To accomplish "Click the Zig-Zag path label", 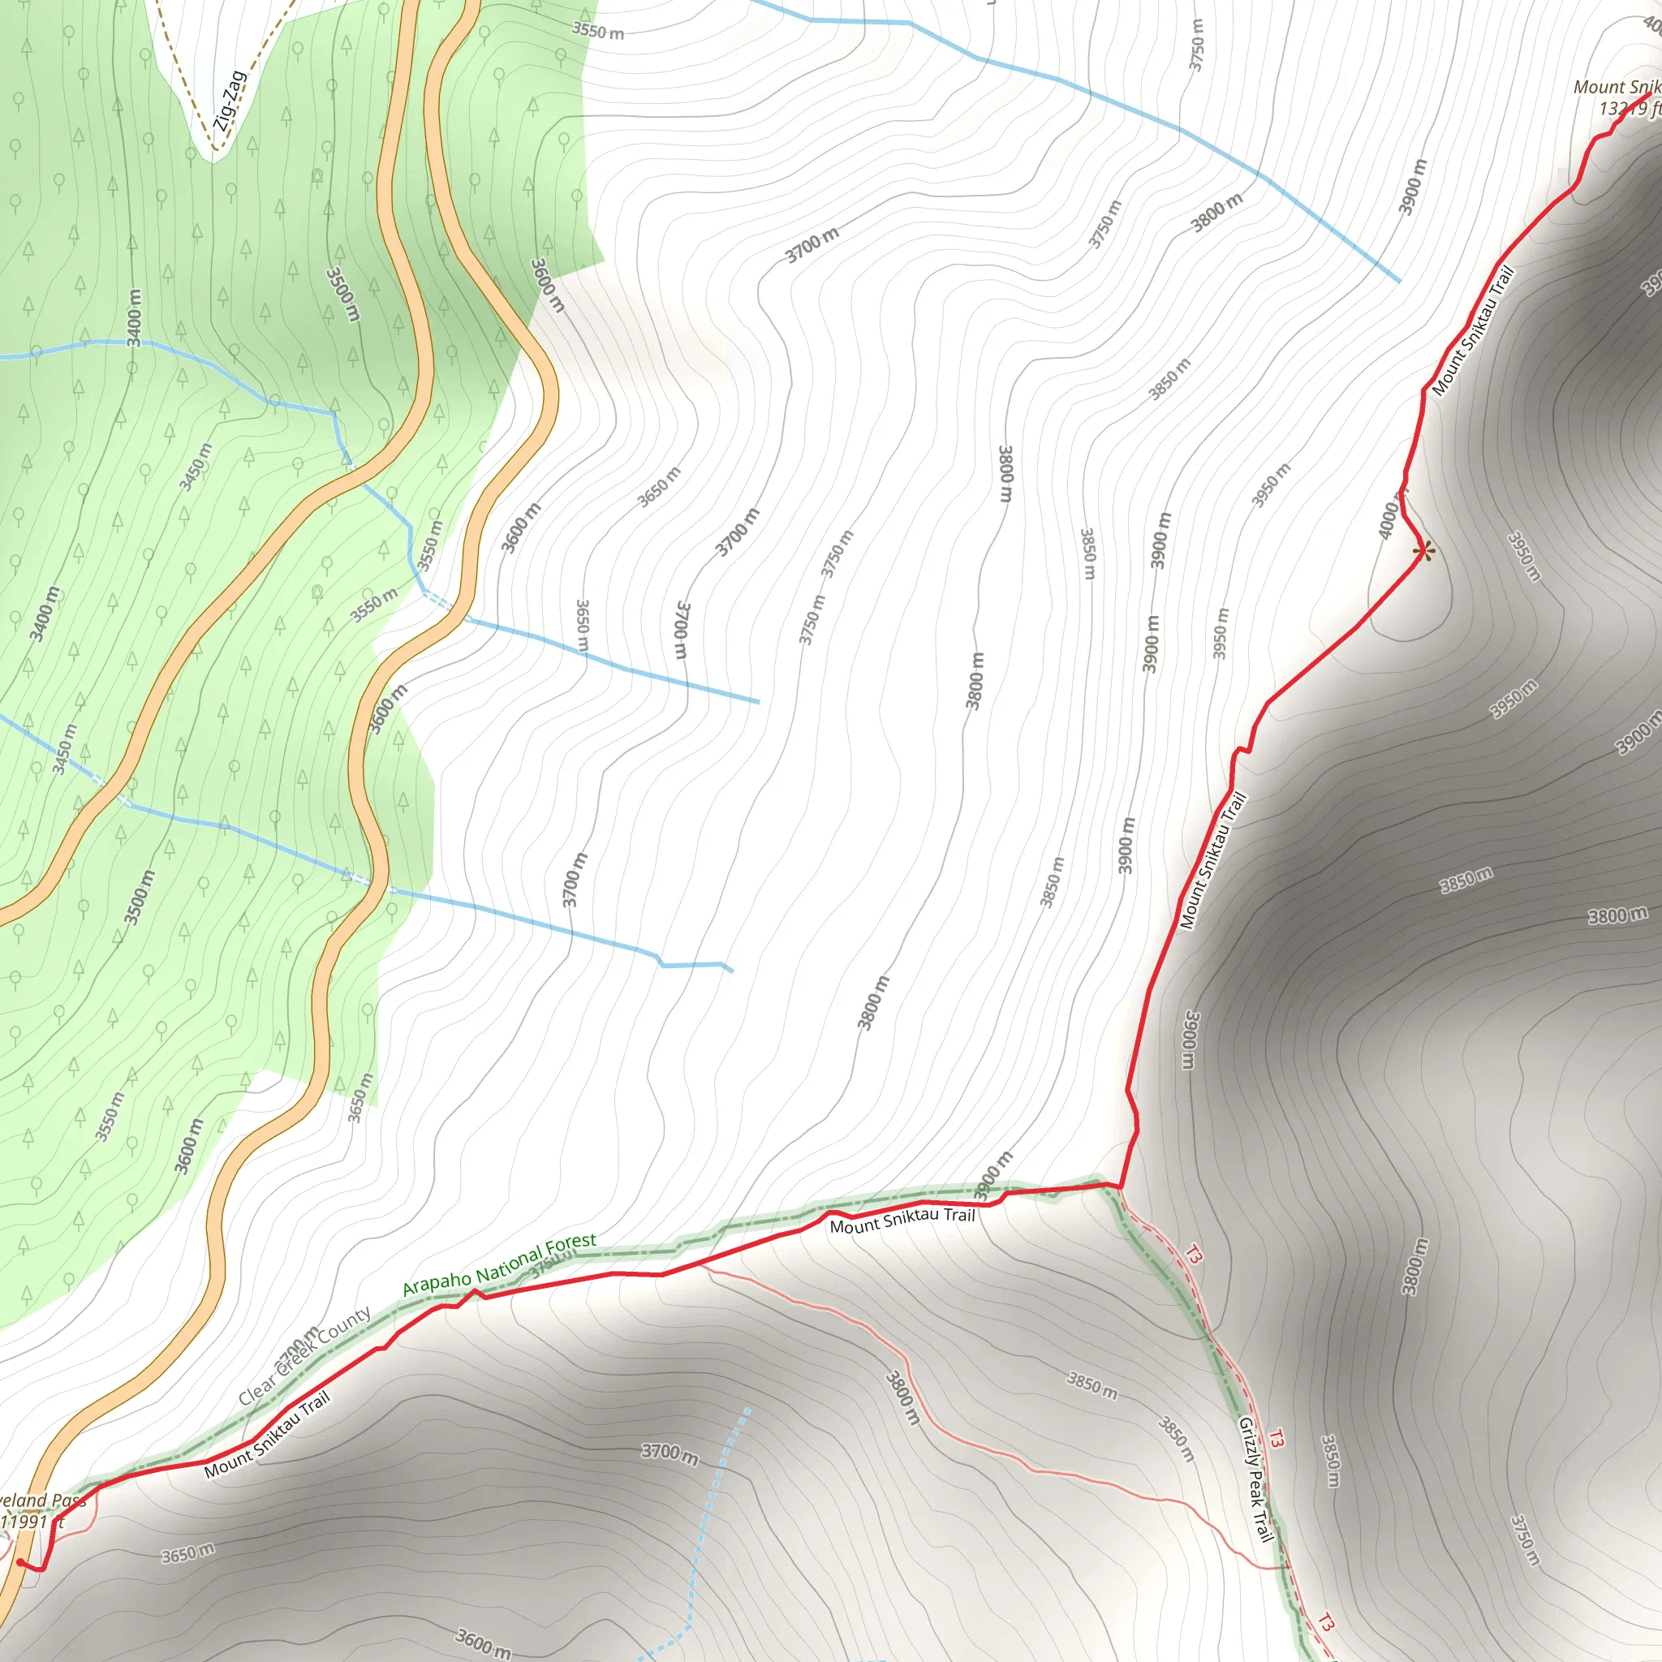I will tap(230, 101).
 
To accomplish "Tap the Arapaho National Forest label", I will tap(499, 1264).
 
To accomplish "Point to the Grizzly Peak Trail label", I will tap(1255, 1479).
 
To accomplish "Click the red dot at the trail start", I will tap(20, 1563).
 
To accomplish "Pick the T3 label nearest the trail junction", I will tap(1192, 1255).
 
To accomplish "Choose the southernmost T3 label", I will tap(1326, 1623).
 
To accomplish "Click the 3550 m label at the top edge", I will tap(598, 32).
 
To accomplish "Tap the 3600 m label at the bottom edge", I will tap(483, 1643).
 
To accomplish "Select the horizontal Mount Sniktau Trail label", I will tap(902, 1220).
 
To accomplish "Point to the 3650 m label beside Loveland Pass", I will tap(187, 1553).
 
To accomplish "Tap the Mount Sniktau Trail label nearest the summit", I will tap(1472, 332).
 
